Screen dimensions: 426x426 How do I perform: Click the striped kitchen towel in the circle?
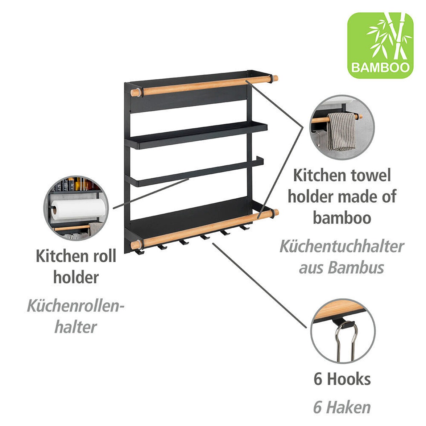(x=342, y=132)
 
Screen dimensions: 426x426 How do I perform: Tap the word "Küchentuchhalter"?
(x=342, y=247)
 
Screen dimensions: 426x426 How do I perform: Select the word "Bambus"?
(x=356, y=267)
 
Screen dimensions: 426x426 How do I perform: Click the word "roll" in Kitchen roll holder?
(x=104, y=256)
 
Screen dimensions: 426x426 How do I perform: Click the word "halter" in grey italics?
(x=76, y=327)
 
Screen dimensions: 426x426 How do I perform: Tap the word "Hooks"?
(x=349, y=379)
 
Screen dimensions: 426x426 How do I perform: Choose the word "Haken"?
(x=348, y=407)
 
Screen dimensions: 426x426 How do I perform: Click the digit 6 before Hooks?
(x=318, y=379)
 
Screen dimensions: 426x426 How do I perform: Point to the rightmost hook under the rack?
(x=245, y=227)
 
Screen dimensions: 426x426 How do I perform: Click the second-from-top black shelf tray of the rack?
(x=196, y=135)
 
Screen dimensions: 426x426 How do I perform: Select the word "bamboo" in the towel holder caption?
(x=342, y=218)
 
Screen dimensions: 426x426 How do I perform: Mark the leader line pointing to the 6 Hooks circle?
(x=260, y=286)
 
